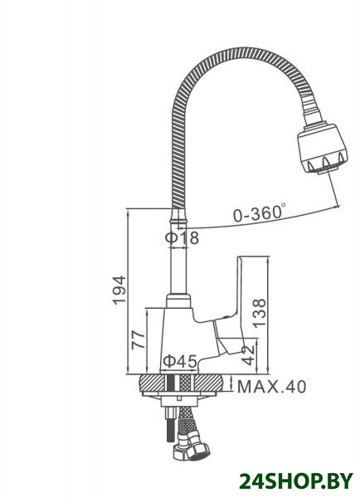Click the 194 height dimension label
(119, 290)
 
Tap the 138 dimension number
(259, 313)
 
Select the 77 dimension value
(139, 339)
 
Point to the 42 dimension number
(248, 354)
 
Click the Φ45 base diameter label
(180, 360)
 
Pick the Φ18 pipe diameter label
(182, 237)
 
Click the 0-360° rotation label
(259, 213)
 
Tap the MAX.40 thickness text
(272, 387)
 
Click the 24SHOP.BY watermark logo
(296, 481)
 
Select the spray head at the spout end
(322, 147)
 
